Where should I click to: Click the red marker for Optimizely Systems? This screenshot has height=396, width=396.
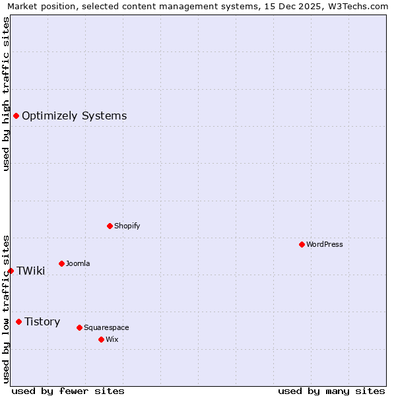(x=16, y=116)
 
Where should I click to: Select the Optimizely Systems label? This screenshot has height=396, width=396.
(x=74, y=116)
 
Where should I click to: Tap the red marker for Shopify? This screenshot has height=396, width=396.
(x=110, y=226)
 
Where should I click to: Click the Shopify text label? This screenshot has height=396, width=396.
(x=127, y=226)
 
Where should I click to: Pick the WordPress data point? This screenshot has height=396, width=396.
(x=302, y=244)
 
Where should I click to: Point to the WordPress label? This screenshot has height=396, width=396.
(x=324, y=244)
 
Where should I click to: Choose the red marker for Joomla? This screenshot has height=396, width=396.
(x=61, y=263)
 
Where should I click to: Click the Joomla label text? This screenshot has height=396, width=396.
(x=78, y=263)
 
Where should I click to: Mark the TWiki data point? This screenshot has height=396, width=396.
(x=11, y=271)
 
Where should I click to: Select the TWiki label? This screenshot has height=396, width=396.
(x=30, y=271)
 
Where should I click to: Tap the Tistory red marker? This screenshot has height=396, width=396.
(x=18, y=321)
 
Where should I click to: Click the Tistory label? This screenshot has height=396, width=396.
(x=42, y=321)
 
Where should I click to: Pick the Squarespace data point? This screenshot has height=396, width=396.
(x=79, y=327)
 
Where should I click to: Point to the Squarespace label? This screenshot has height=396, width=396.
(x=106, y=327)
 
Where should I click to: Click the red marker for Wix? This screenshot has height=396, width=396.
(x=101, y=339)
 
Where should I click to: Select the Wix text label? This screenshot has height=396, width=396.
(x=112, y=339)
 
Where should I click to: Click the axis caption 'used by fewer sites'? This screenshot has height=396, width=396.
(x=68, y=391)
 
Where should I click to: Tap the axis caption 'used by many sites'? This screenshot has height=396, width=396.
(x=331, y=391)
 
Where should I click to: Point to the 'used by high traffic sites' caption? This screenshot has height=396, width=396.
(x=6, y=94)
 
